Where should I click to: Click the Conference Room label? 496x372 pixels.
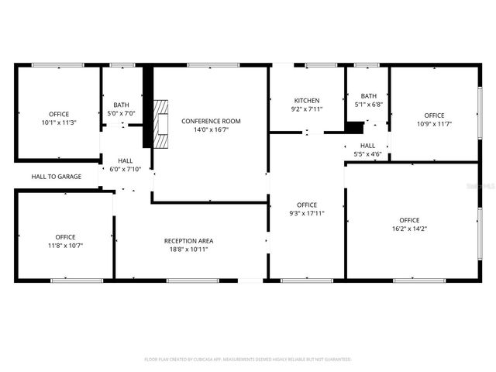click(x=211, y=121)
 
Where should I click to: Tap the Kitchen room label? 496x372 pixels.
click(x=307, y=101)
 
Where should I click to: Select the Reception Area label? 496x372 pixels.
click(x=189, y=240)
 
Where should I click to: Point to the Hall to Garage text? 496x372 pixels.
click(x=57, y=177)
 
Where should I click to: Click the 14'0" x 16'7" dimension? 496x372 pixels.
click(x=211, y=129)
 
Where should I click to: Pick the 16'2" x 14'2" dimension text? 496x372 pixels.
click(x=409, y=229)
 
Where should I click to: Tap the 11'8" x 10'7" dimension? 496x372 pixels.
click(x=65, y=246)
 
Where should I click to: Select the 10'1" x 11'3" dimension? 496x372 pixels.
click(x=59, y=122)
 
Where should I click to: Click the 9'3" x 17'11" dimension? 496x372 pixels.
click(x=307, y=213)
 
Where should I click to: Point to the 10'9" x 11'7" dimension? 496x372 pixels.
click(x=434, y=124)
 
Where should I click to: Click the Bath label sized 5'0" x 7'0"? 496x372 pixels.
click(x=122, y=105)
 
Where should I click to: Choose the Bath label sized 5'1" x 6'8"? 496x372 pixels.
click(x=368, y=96)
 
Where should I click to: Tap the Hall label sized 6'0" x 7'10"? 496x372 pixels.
click(x=125, y=160)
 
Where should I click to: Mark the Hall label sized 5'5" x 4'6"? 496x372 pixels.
click(x=367, y=145)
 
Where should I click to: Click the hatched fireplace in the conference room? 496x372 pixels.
click(x=161, y=123)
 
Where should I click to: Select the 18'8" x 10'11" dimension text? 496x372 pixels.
click(x=189, y=249)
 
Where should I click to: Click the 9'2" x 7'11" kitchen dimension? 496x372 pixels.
click(x=307, y=109)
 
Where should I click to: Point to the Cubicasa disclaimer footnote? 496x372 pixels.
click(x=248, y=360)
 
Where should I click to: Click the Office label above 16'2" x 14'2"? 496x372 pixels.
click(x=409, y=220)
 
